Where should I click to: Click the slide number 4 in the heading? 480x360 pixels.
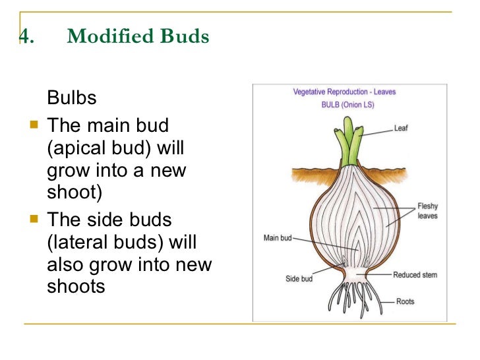(24, 37)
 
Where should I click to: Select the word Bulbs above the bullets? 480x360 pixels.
(72, 99)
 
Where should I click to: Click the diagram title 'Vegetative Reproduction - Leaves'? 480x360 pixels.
(344, 92)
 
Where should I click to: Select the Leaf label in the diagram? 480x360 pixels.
(401, 128)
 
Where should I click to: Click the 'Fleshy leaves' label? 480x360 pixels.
(427, 211)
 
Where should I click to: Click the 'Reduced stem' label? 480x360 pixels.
(416, 275)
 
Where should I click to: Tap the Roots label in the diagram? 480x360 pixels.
(405, 301)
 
